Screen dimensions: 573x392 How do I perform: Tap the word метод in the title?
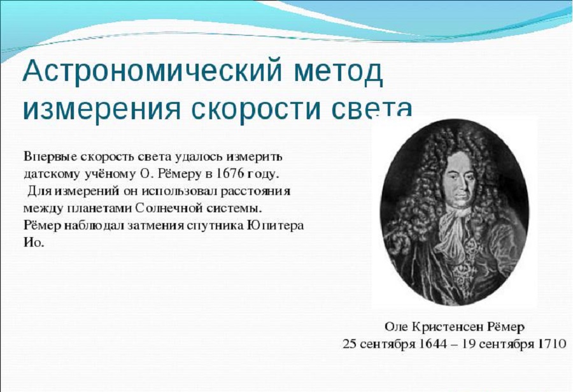pos(338,72)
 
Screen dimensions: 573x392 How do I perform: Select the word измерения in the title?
pos(102,109)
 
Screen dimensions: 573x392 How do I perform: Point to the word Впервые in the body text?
pos(50,157)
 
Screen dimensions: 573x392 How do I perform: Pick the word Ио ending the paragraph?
pos(34,243)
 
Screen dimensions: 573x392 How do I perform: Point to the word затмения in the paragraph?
pos(155,226)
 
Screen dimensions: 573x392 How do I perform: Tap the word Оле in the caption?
pos(397,327)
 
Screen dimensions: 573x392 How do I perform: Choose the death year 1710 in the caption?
pos(553,344)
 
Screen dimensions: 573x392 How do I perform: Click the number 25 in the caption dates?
pos(350,344)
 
